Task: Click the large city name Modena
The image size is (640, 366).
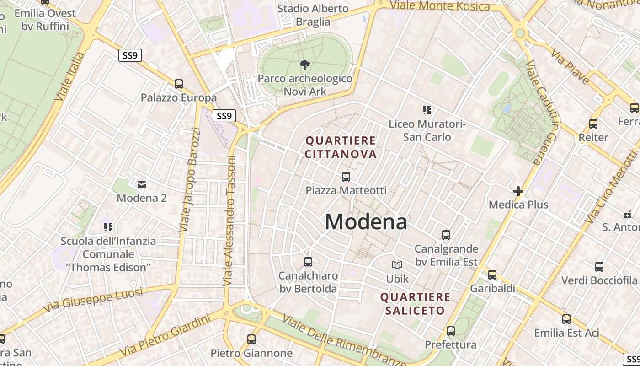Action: point(366,222)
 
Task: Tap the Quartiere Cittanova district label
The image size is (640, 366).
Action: point(341,147)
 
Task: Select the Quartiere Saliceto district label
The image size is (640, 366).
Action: point(415,304)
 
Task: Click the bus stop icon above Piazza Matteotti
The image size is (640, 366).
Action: point(346,177)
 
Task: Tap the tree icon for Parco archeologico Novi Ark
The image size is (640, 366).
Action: point(304,65)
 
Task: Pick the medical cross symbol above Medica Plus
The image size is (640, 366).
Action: point(518,191)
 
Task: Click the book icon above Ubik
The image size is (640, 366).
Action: point(397,265)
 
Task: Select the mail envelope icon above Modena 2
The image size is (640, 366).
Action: point(142,184)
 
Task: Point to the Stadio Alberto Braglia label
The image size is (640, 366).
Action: point(313,15)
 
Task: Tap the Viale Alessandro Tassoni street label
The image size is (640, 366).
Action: point(229,221)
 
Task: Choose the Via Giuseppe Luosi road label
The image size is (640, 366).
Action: point(94,300)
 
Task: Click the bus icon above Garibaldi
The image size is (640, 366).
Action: point(492,275)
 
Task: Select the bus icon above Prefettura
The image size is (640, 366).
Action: point(451,331)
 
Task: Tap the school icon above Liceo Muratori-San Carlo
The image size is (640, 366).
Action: point(427,110)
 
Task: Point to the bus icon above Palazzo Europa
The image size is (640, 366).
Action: point(179,84)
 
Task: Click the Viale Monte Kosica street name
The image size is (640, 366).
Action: point(440,5)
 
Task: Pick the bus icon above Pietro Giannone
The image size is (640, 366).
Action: point(251,339)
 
